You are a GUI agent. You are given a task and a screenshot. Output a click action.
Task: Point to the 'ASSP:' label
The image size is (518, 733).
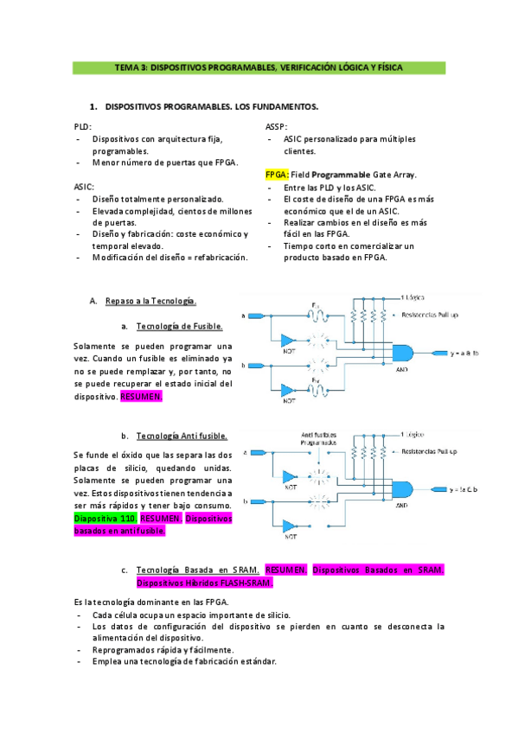(x=277, y=126)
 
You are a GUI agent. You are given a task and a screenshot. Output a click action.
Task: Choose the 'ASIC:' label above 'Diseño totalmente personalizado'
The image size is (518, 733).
(x=84, y=186)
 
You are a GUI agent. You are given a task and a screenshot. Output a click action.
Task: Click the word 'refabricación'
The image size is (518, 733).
(x=218, y=257)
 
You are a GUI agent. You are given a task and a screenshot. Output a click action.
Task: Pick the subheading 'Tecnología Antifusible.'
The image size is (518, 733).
(x=182, y=436)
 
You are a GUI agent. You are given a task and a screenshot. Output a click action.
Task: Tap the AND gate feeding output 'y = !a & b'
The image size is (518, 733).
(x=403, y=488)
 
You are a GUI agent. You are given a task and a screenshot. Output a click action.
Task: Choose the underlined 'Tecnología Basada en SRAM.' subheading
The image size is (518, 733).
(x=191, y=570)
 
